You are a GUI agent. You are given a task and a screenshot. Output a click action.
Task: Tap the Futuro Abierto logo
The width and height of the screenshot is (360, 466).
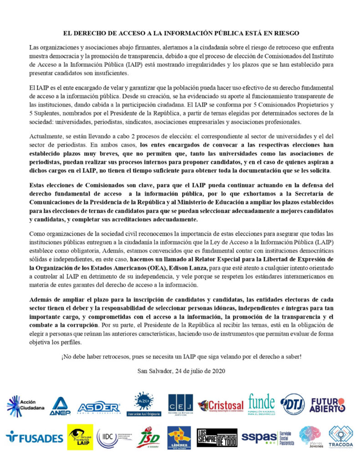(x=328, y=405)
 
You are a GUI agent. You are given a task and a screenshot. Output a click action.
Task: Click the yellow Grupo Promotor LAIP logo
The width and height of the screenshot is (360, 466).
(x=80, y=437)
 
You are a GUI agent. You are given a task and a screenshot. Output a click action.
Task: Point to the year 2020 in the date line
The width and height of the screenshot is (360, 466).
(x=215, y=370)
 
